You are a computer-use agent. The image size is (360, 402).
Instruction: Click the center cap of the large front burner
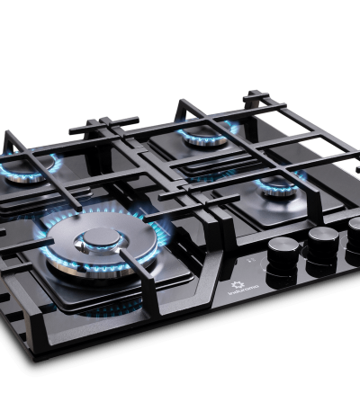tap(96, 238)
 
